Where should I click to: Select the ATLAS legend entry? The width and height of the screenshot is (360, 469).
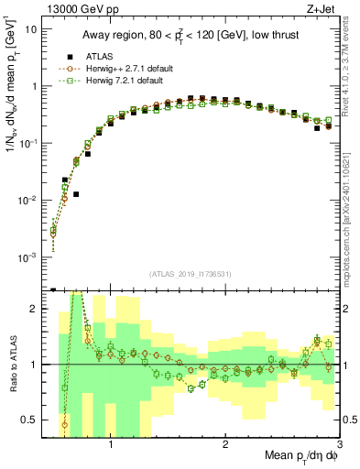(95, 56)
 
